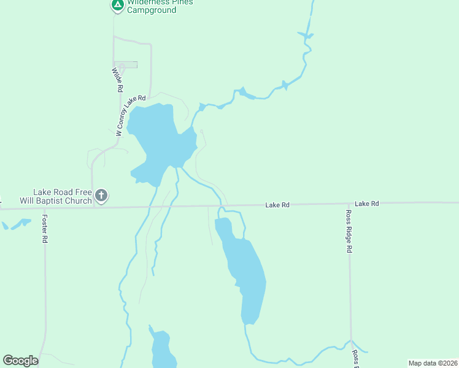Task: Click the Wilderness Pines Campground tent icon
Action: [117, 6]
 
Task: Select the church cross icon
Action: [101, 196]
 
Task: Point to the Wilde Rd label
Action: [117, 80]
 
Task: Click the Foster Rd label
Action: [45, 228]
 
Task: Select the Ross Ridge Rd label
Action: [348, 231]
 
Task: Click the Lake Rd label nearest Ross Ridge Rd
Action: [367, 203]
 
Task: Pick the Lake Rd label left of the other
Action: [277, 205]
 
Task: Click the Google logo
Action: [20, 361]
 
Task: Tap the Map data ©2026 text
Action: [432, 362]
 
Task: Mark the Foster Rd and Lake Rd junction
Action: [44, 207]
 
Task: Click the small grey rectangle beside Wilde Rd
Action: [127, 65]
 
